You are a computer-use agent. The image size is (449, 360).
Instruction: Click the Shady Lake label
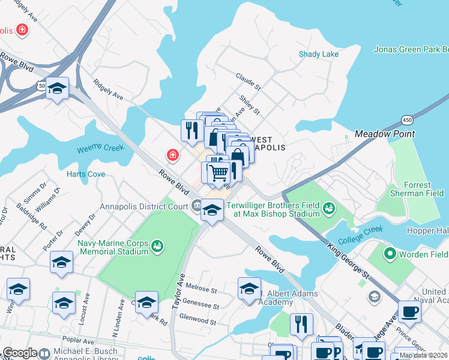[319, 54]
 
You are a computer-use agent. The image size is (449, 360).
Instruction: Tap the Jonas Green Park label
[411, 49]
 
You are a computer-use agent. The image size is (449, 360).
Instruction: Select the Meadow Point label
[385, 133]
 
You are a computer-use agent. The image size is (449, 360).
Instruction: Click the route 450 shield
[407, 119]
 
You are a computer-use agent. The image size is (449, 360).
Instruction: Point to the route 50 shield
[41, 86]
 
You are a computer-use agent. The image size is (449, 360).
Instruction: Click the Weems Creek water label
[100, 148]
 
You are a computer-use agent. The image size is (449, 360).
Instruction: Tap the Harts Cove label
[86, 175]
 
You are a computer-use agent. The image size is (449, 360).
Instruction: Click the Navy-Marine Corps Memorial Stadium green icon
[157, 245]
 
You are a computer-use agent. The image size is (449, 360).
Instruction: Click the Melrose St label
[201, 290]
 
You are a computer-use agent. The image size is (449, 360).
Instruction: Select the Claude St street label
[248, 82]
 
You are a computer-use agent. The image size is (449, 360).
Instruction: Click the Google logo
[20, 353]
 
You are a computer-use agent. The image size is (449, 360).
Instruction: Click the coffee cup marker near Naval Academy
[409, 311]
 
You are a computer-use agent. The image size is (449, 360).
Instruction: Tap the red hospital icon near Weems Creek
[172, 156]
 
